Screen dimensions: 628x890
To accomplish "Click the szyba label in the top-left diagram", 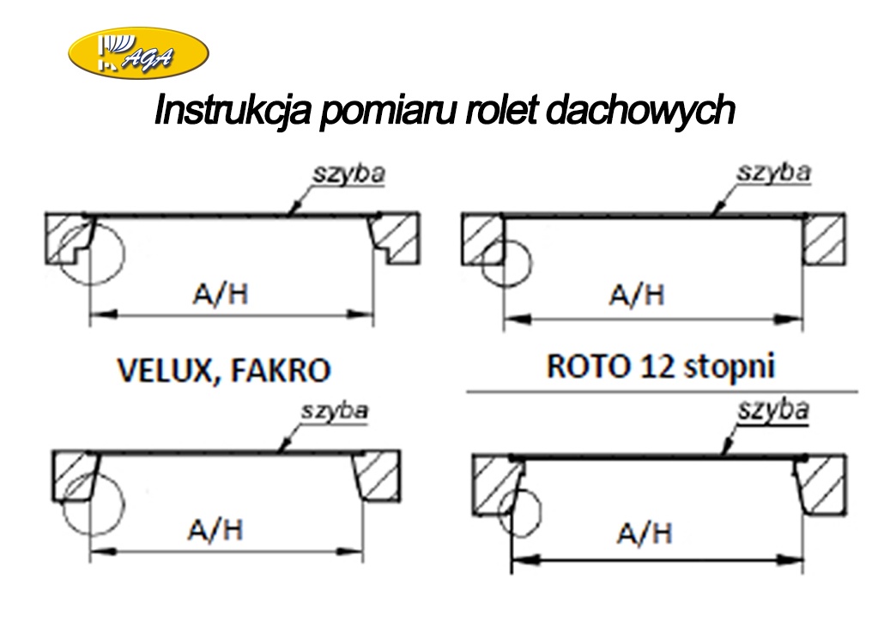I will tap(348, 174).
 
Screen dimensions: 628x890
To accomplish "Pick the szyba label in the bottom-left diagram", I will tap(334, 412).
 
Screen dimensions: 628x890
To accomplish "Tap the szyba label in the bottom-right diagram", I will tap(773, 411).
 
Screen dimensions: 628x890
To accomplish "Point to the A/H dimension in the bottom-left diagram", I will tap(215, 530).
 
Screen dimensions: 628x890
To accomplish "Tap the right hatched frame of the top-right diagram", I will tap(824, 238).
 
